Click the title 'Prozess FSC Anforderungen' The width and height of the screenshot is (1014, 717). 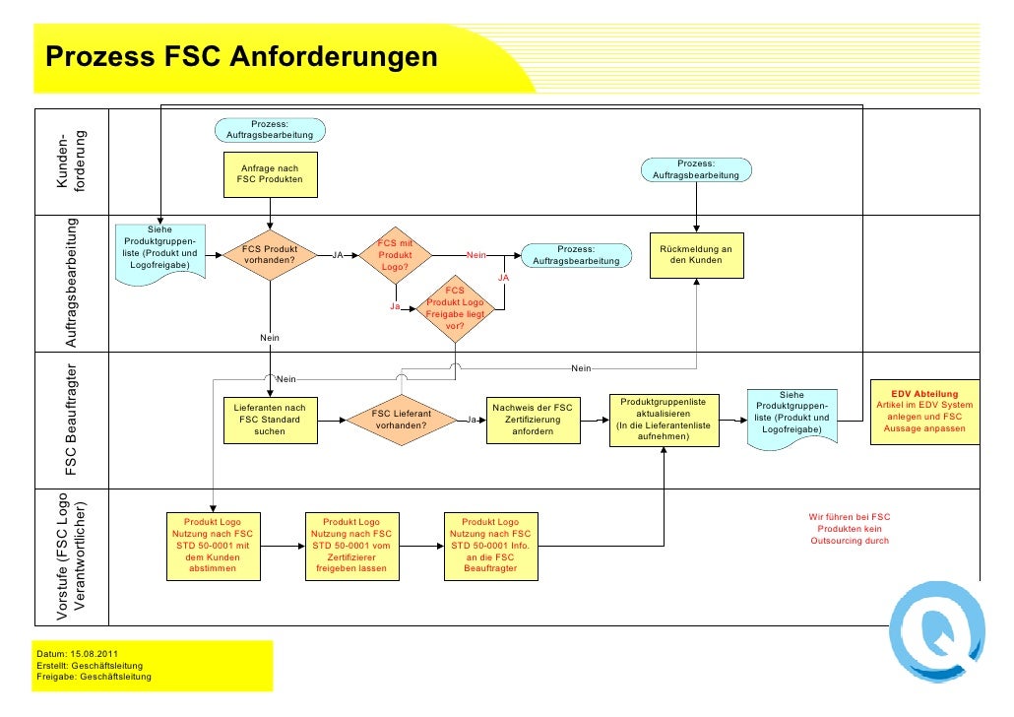241,56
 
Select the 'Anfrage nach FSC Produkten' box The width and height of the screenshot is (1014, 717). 270,174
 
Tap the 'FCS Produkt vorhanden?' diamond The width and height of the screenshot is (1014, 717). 270,255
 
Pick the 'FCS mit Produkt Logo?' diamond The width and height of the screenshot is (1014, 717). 395,255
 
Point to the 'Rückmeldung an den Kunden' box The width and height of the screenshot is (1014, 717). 696,254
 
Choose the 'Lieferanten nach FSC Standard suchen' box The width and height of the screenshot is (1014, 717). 269,420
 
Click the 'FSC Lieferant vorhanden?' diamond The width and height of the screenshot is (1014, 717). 401,421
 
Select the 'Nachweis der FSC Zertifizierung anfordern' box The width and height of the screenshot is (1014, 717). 533,421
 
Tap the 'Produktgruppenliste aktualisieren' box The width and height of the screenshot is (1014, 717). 664,420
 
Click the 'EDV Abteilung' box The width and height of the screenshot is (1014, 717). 923,412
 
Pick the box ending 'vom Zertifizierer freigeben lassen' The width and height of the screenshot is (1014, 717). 351,545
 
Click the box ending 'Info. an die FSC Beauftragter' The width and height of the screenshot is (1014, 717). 490,545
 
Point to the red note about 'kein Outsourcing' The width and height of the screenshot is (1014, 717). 849,529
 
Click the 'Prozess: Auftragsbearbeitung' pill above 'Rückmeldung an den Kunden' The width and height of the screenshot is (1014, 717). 696,169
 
